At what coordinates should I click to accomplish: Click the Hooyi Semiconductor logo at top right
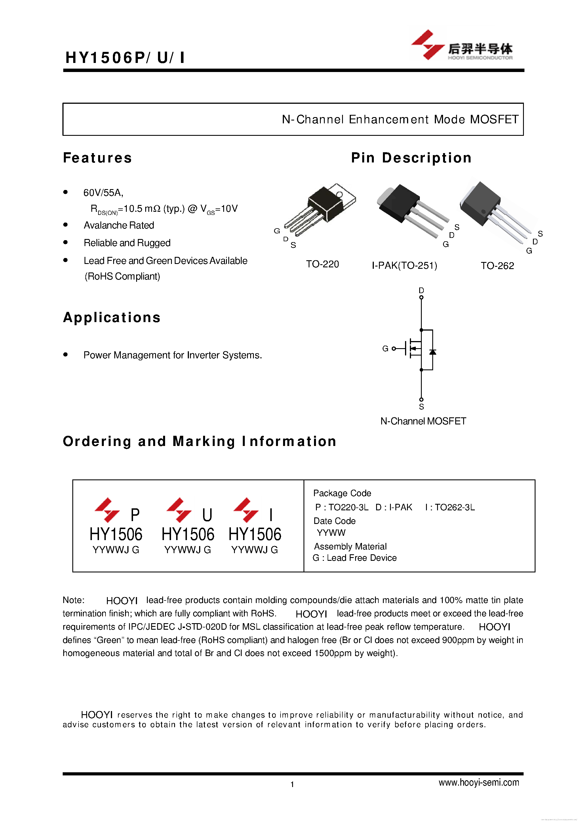coord(461,45)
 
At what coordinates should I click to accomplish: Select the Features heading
coord(98,158)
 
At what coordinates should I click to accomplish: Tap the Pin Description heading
coord(411,158)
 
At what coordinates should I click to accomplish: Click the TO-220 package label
coord(322,264)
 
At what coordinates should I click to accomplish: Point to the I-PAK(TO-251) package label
coord(404,266)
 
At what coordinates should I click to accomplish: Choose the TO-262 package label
coord(497,266)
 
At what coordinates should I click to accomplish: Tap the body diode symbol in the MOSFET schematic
coord(433,352)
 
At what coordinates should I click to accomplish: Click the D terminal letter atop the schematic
coord(421,290)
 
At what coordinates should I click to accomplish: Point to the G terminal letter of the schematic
coord(385,348)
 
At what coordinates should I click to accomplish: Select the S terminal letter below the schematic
coord(421,407)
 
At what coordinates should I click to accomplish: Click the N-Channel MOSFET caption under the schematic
coord(423,421)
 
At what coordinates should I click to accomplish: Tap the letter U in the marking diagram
coord(207,515)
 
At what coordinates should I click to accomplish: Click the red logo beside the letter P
coord(107,510)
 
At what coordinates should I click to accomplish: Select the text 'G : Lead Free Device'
coord(355,558)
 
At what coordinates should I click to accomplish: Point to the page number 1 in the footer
coord(292,784)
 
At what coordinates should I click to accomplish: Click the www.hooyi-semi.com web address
coord(479,783)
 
